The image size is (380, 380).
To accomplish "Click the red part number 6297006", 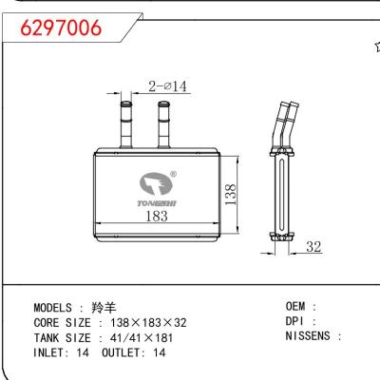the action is (x=61, y=28).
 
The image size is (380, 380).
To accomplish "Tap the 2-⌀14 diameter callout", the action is (x=167, y=86).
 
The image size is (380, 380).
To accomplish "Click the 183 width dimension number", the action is (x=157, y=217).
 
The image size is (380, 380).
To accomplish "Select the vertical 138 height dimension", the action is (x=231, y=194).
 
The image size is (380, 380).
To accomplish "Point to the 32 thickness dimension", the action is (x=313, y=247).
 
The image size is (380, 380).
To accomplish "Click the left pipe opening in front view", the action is (x=125, y=104).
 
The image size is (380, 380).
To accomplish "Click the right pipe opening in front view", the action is (x=163, y=104).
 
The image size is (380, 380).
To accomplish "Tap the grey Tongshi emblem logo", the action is (x=156, y=183).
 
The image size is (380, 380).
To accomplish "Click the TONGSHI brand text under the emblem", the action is (x=157, y=203).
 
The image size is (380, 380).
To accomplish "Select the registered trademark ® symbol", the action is (x=174, y=174).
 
